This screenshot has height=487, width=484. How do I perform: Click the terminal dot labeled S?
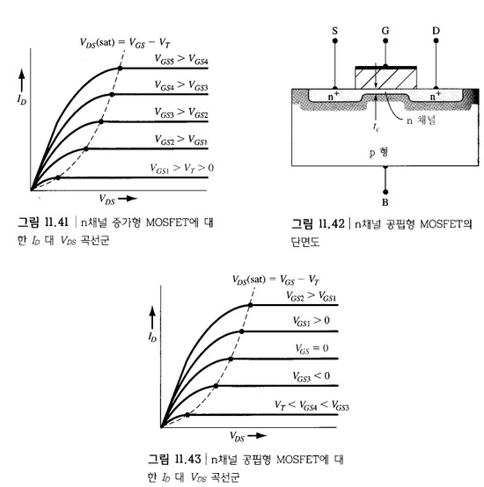point(334,40)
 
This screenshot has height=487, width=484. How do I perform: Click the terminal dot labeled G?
point(385,40)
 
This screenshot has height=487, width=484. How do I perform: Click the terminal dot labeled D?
point(436,40)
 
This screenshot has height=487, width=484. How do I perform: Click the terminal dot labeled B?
point(385,192)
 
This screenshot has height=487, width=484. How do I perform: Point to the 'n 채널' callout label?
point(422,120)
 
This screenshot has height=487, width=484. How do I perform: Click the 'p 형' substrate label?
point(378,152)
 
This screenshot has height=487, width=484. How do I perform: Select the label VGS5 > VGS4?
point(181,59)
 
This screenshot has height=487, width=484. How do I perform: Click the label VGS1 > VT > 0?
point(182,169)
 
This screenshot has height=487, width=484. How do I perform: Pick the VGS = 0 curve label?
point(312,348)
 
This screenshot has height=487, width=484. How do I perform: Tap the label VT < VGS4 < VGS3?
point(312,405)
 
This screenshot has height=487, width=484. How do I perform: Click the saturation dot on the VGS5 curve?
point(120,68)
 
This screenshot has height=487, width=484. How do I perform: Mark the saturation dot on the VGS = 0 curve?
point(231,359)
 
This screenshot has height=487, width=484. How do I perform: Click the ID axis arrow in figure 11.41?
point(21,81)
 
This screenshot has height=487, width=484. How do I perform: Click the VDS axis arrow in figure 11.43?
point(257,436)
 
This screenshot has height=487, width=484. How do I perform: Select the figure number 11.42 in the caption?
point(332,223)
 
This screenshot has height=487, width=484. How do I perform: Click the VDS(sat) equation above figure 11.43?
point(275,280)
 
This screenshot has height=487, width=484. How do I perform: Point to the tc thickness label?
point(376,127)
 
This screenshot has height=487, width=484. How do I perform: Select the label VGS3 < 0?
point(312,376)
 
